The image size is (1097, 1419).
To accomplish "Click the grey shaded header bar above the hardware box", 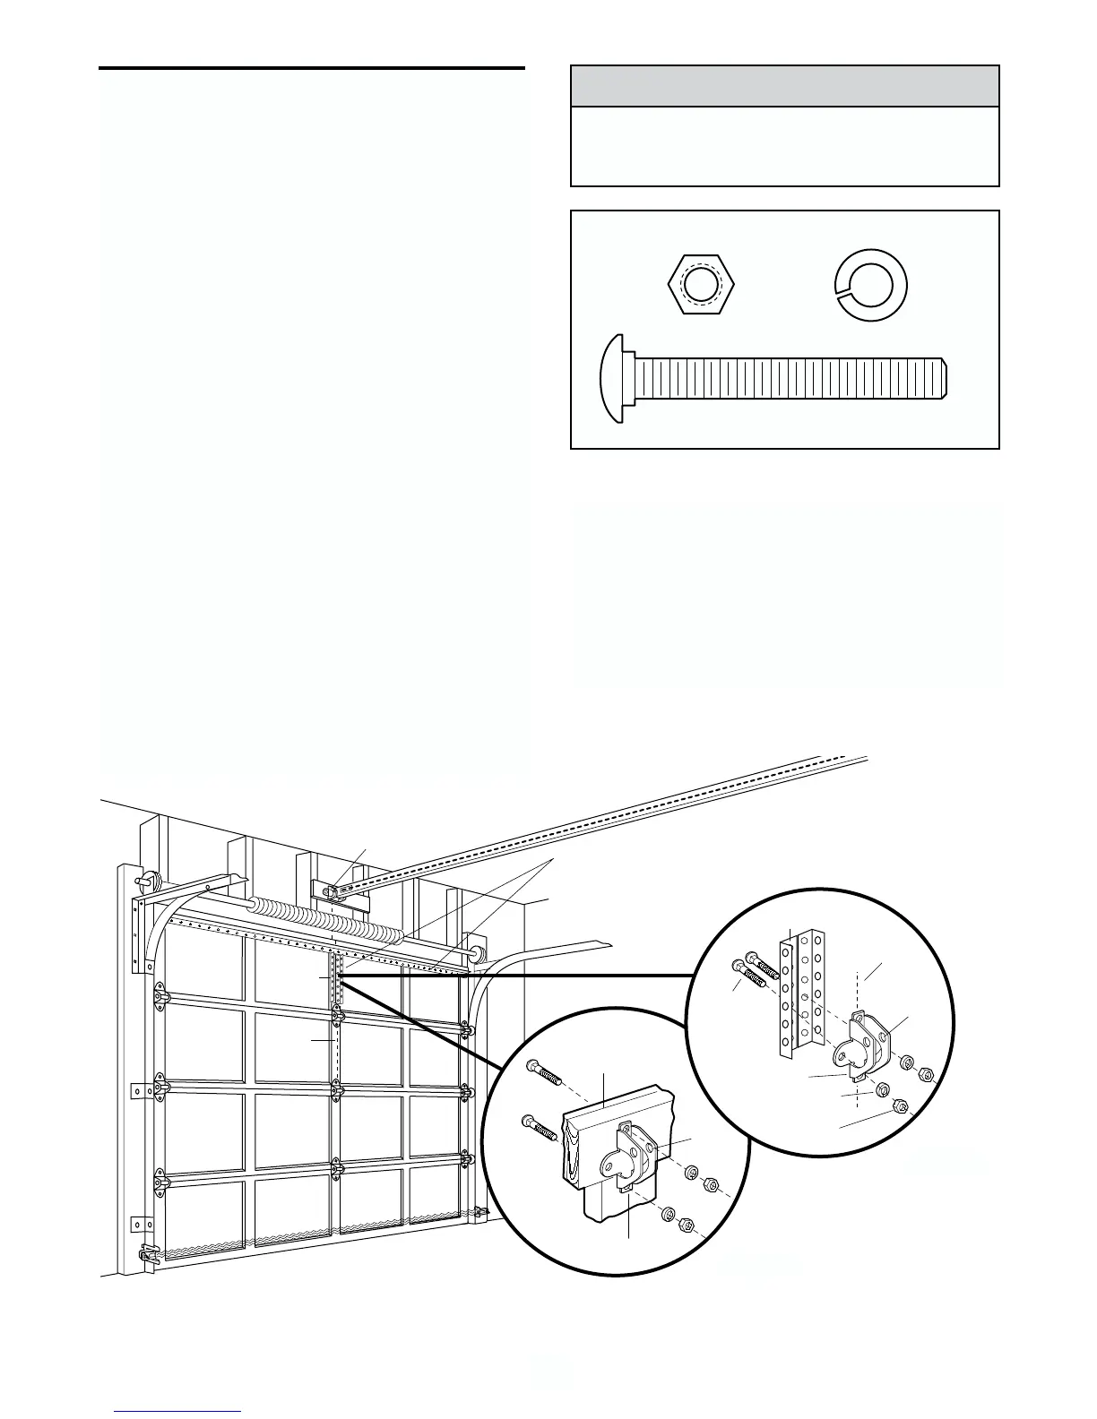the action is pyautogui.click(x=784, y=87).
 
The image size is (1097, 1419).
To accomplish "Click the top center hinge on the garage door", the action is pyautogui.click(x=337, y=1014).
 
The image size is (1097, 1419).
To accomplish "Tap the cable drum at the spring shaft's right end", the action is pyautogui.click(x=477, y=949).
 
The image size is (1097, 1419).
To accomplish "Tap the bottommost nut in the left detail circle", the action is pyautogui.click(x=687, y=1225).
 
